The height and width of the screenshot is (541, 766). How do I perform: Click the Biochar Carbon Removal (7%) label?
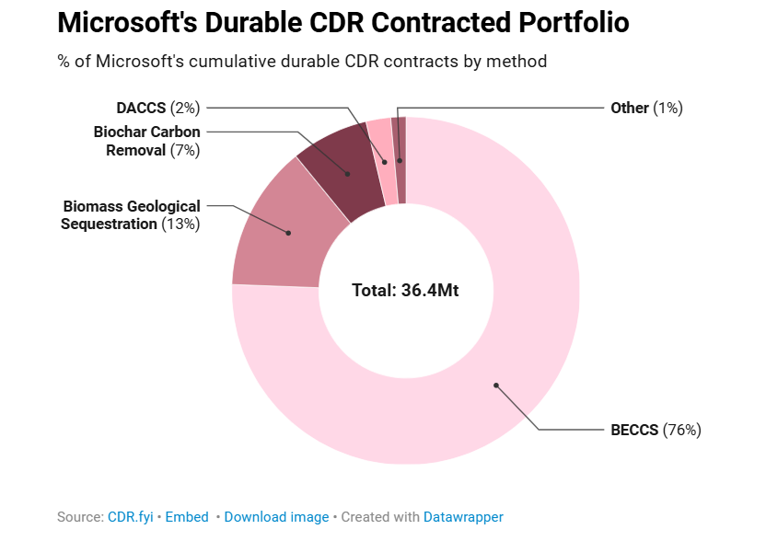[x=147, y=141]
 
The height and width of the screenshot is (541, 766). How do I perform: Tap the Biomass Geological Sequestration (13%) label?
[x=131, y=214]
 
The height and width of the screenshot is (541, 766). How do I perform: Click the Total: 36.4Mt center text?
[x=405, y=290]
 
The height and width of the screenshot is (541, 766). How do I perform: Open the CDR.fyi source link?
[x=129, y=517]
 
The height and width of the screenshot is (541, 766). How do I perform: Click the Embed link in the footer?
[x=187, y=517]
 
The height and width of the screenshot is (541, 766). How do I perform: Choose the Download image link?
[x=276, y=517]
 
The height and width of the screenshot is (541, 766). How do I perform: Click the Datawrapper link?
[x=463, y=517]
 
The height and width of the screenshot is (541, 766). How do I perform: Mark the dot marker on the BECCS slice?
[x=495, y=385]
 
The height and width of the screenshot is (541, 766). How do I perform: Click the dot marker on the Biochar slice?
[x=347, y=173]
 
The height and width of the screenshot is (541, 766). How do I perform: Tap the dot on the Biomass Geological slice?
[x=288, y=233]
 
